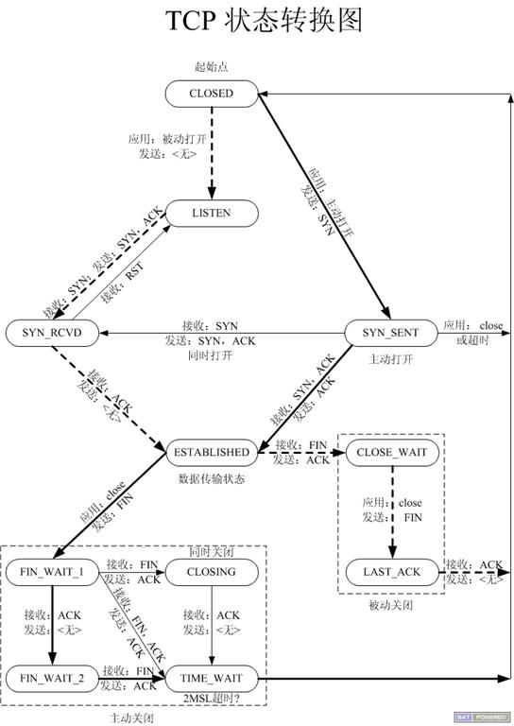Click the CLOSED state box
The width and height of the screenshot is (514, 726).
211,93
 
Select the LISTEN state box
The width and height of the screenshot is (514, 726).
211,214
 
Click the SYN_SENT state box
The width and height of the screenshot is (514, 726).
389,333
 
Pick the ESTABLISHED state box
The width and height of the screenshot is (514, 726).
212,452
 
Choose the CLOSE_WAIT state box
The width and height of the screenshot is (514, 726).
392,452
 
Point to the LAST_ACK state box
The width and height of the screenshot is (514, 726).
392,572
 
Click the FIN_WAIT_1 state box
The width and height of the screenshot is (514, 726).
52,572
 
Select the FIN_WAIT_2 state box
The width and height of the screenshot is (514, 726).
52,678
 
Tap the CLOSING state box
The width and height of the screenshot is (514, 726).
212,572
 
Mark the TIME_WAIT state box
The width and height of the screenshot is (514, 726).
212,678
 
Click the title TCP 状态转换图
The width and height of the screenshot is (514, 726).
257,23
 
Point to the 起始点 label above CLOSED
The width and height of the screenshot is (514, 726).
211,67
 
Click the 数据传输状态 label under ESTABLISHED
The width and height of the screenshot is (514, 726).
212,478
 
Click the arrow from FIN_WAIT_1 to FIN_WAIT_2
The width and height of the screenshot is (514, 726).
52,624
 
